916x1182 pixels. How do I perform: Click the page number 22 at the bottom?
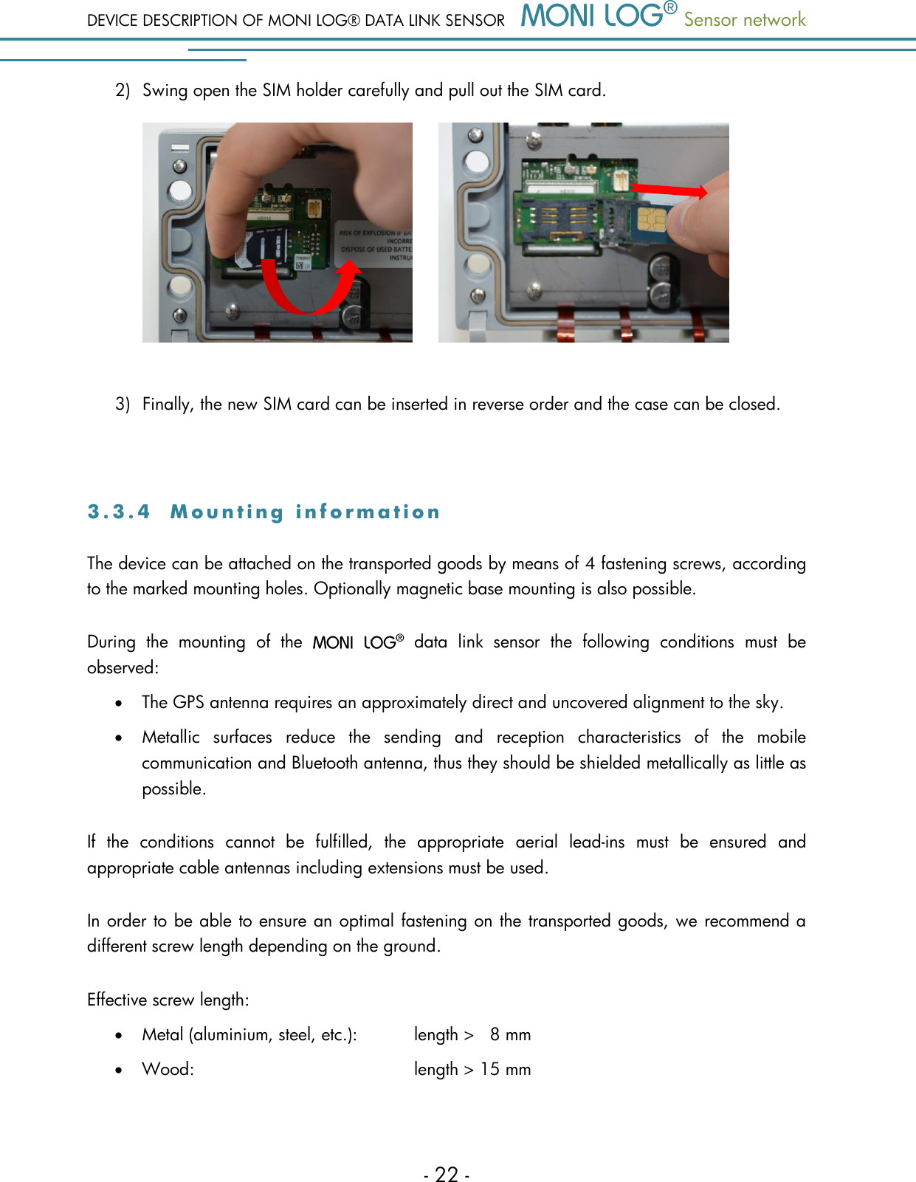(x=447, y=1174)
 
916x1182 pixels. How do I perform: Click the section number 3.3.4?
(x=118, y=512)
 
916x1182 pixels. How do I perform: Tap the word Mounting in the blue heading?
(x=227, y=512)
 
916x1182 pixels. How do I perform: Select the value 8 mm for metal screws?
(x=510, y=1034)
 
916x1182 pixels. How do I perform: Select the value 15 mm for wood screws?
(x=506, y=1069)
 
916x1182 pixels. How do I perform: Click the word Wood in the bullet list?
(x=167, y=1069)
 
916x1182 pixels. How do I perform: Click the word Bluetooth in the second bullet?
(x=324, y=763)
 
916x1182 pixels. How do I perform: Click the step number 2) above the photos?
(x=123, y=90)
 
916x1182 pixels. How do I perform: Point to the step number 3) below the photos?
(x=123, y=404)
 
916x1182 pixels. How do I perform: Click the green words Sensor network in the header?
(x=744, y=20)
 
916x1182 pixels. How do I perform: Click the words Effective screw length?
(x=168, y=1000)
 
